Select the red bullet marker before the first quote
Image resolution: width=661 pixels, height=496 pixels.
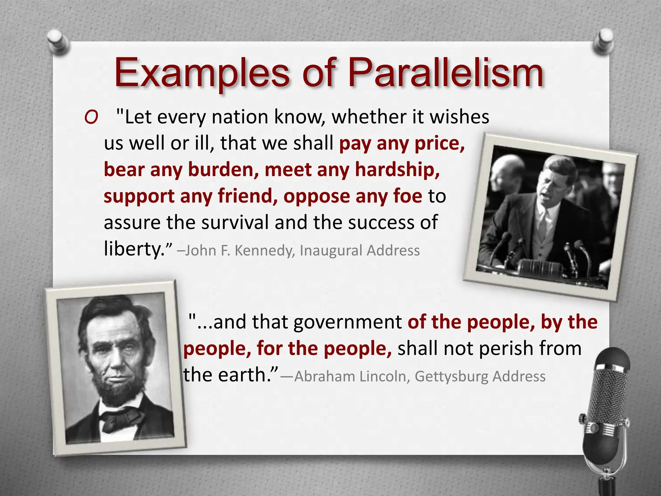click(x=91, y=118)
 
